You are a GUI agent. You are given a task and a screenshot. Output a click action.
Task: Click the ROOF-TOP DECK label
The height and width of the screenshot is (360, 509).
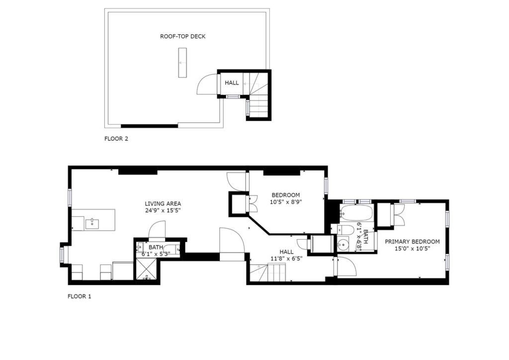pos(183,36)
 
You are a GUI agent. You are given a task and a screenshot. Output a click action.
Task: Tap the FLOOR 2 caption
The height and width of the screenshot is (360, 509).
pos(116,139)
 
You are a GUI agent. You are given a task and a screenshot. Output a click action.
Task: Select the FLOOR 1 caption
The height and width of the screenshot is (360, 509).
pos(79,296)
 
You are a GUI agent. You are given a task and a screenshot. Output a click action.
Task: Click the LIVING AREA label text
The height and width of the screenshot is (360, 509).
pos(163,204)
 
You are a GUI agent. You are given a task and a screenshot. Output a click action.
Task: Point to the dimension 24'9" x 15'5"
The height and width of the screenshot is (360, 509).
pos(163,210)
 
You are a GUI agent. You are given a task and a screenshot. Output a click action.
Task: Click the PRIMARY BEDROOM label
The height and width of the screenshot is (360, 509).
pos(412,242)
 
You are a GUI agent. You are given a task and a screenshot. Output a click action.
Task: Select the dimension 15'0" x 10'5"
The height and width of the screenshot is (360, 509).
pos(412,249)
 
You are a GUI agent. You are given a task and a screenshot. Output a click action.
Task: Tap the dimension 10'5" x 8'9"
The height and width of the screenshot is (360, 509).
pos(286,202)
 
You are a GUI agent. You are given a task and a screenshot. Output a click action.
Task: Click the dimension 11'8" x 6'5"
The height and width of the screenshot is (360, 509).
pos(287,259)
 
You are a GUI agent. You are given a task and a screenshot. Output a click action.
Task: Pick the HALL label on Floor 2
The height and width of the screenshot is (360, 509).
pos(232,83)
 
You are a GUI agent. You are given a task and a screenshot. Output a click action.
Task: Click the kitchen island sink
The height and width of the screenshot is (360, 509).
pos(92,224)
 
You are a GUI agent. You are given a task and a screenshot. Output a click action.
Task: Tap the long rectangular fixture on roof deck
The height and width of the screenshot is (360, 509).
pos(182,63)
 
